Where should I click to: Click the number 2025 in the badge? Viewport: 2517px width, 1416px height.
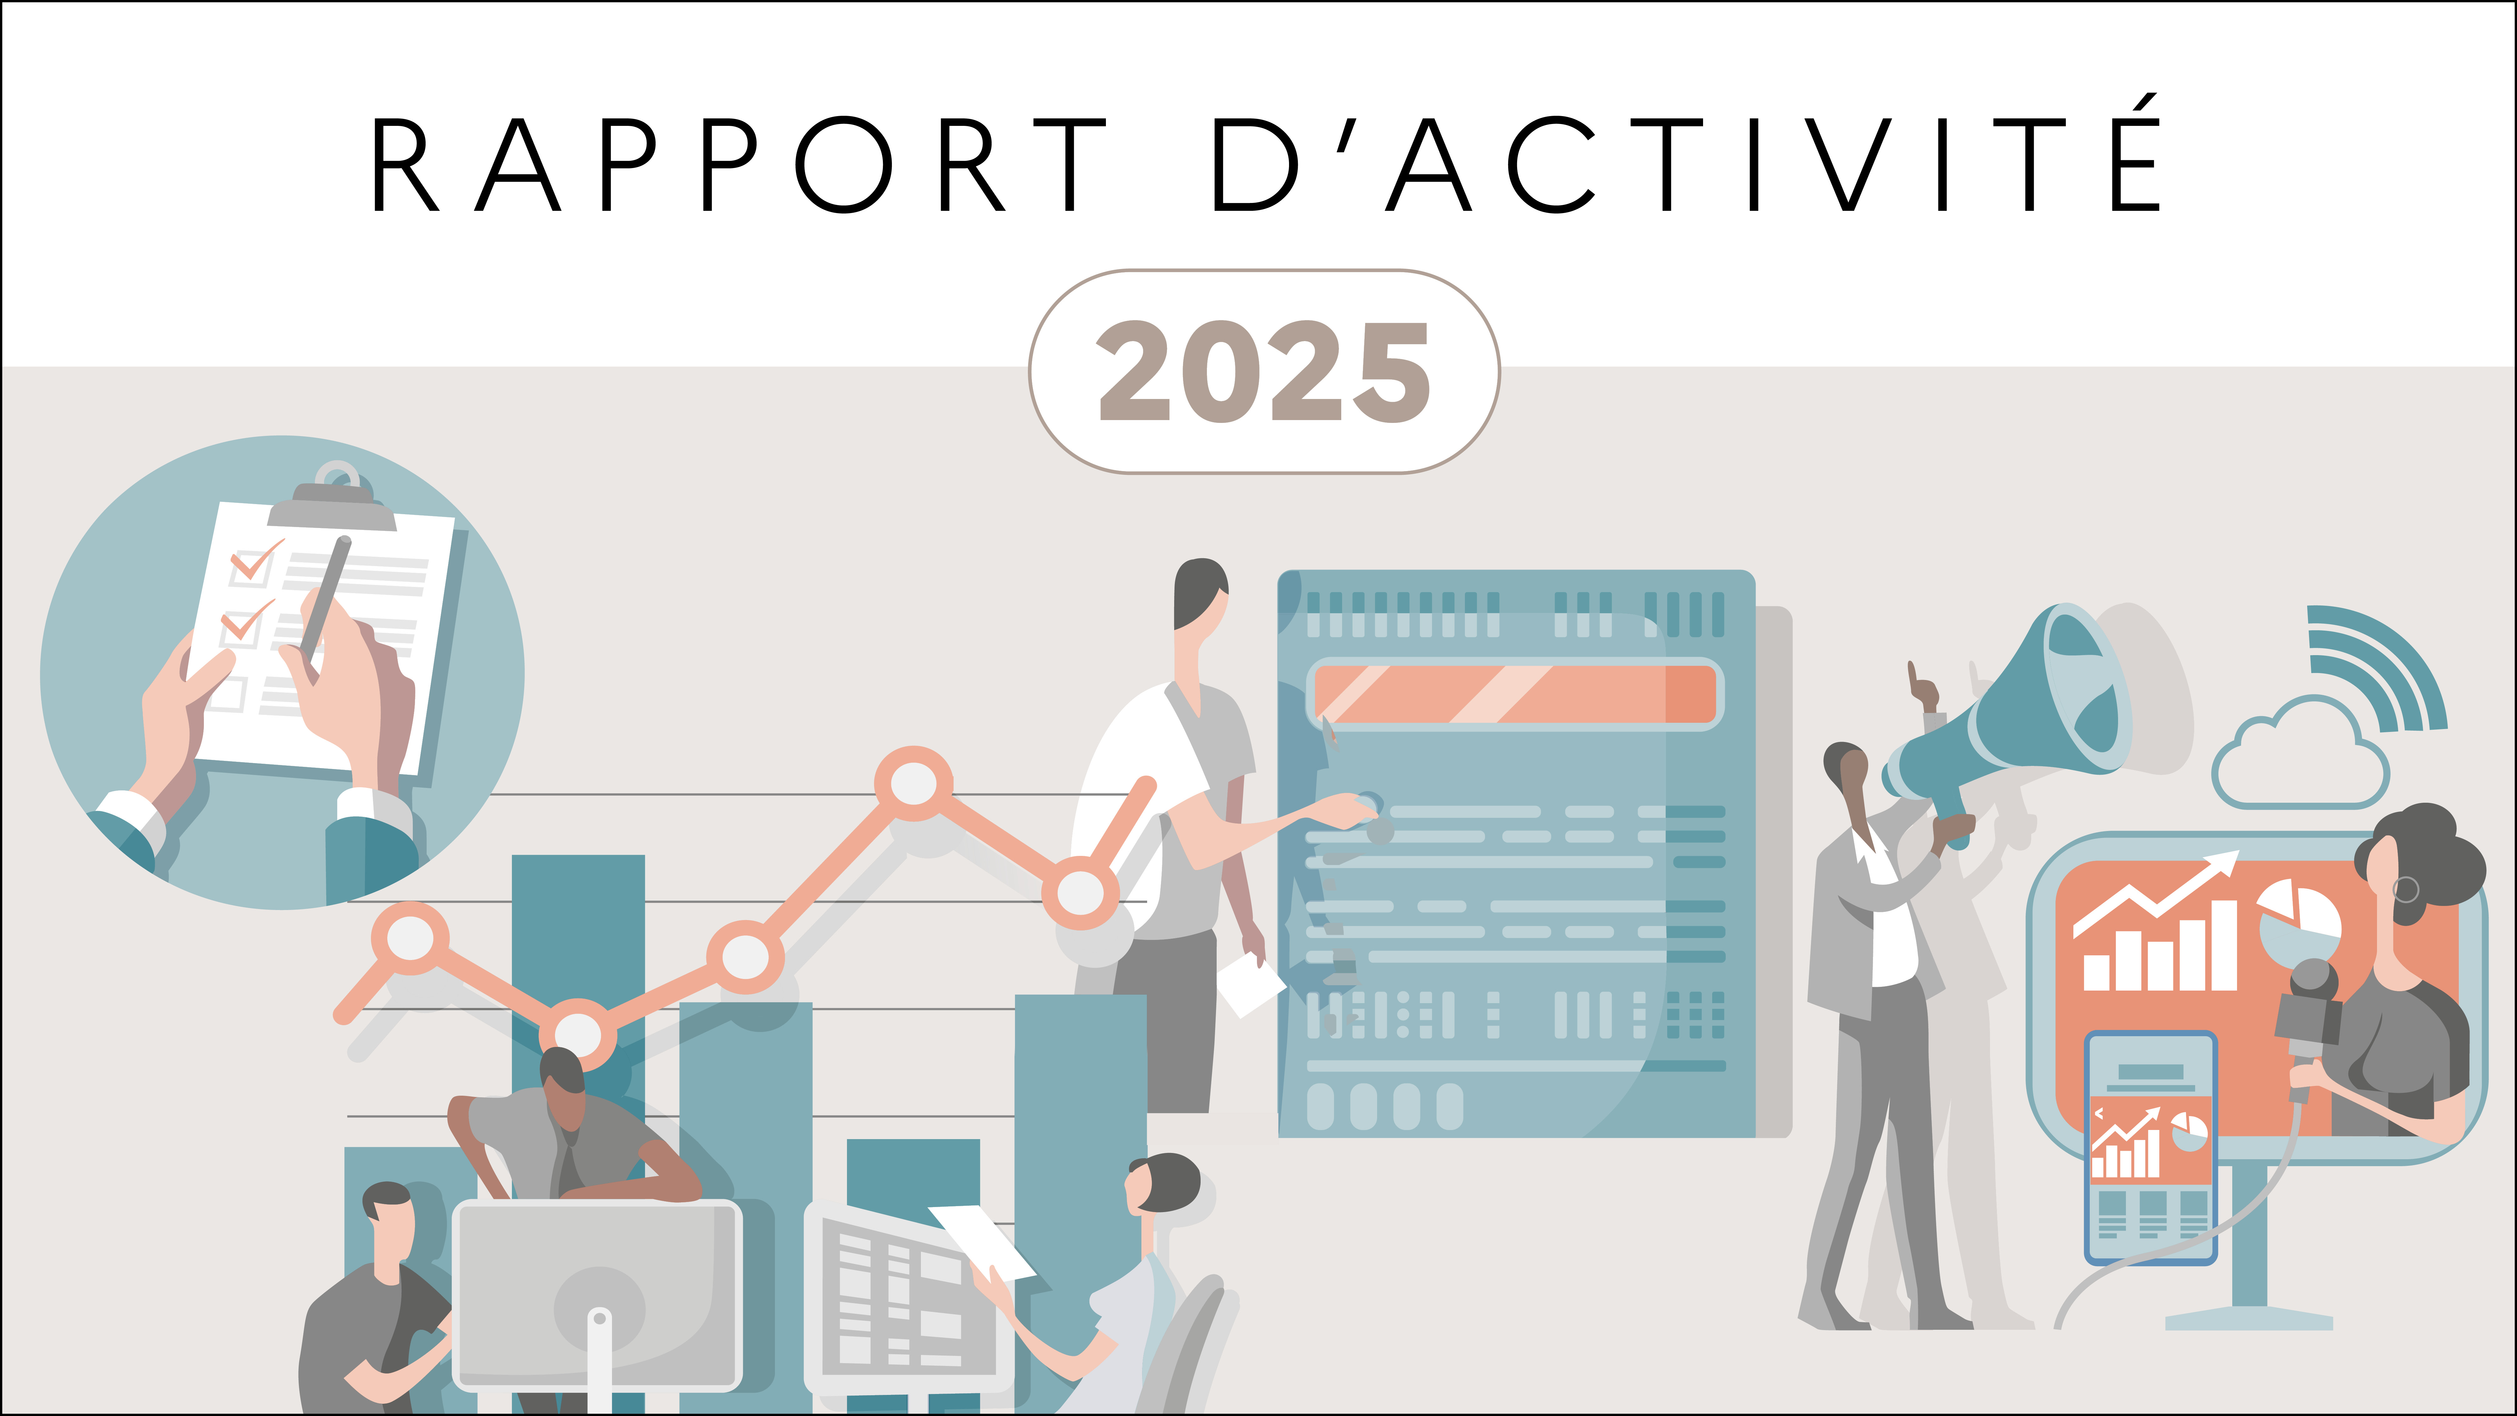point(1264,372)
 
